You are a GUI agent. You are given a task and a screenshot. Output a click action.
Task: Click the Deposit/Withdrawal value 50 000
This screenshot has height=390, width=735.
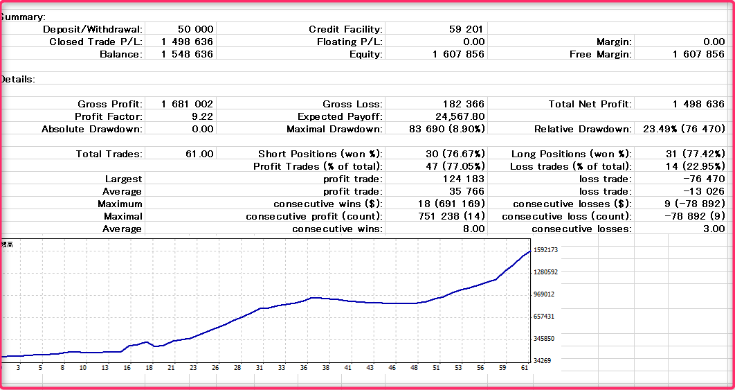(x=195, y=29)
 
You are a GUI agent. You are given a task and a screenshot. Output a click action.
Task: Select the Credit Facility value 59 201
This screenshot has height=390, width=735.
(x=466, y=29)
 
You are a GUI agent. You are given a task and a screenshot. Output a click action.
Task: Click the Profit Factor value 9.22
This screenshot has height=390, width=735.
(x=202, y=116)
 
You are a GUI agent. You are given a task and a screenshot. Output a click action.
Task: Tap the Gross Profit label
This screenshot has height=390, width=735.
(x=110, y=104)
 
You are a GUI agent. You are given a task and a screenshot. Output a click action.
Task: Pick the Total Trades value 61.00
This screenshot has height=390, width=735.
(x=197, y=154)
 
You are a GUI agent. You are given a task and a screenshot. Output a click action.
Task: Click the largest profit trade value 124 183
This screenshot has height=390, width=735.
(x=463, y=179)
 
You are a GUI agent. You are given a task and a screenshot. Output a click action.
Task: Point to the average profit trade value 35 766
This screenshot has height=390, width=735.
(x=466, y=191)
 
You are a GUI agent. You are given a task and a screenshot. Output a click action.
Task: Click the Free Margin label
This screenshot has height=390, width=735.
(x=600, y=54)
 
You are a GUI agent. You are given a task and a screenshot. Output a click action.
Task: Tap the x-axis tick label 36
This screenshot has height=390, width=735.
(x=303, y=368)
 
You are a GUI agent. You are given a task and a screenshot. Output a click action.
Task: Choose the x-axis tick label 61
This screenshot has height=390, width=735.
(x=524, y=368)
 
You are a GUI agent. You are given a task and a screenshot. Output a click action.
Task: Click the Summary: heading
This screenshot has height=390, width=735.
(x=24, y=17)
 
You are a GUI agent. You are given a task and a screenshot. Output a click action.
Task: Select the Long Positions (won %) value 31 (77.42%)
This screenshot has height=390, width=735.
(x=692, y=154)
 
